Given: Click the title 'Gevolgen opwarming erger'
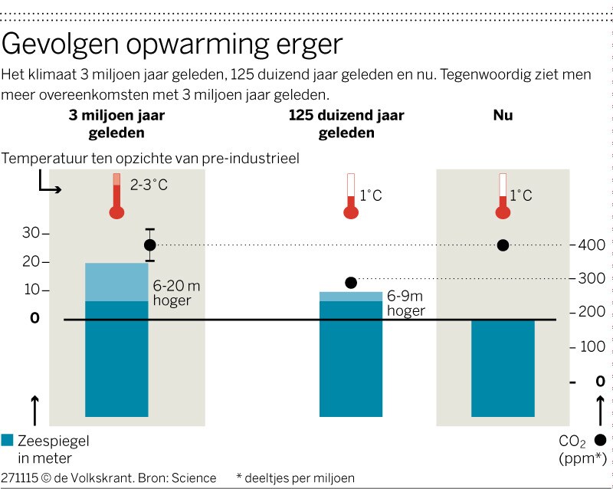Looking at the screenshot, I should coord(172,44).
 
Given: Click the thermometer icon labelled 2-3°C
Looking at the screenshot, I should coord(116,196).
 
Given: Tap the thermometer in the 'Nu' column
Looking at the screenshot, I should coord(503,196).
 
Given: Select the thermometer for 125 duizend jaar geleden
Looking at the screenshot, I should coord(351,196).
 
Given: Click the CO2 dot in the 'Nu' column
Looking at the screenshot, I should coord(503,245).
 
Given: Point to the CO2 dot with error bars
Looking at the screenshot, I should coord(150,244).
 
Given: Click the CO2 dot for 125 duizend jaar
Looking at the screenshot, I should coord(351,283).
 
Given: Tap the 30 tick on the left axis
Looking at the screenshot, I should coord(31,233).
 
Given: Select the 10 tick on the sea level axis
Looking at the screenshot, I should coord(31,290).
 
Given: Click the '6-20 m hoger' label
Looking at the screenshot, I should coord(176,293).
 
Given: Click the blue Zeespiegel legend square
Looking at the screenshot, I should coord(8,440).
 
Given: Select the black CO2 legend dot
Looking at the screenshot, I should coord(600,440).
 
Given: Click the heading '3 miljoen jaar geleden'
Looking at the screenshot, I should coord(116,123).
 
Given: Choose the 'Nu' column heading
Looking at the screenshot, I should coord(503,116).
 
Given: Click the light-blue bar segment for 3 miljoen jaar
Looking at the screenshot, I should coord(116,282).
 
